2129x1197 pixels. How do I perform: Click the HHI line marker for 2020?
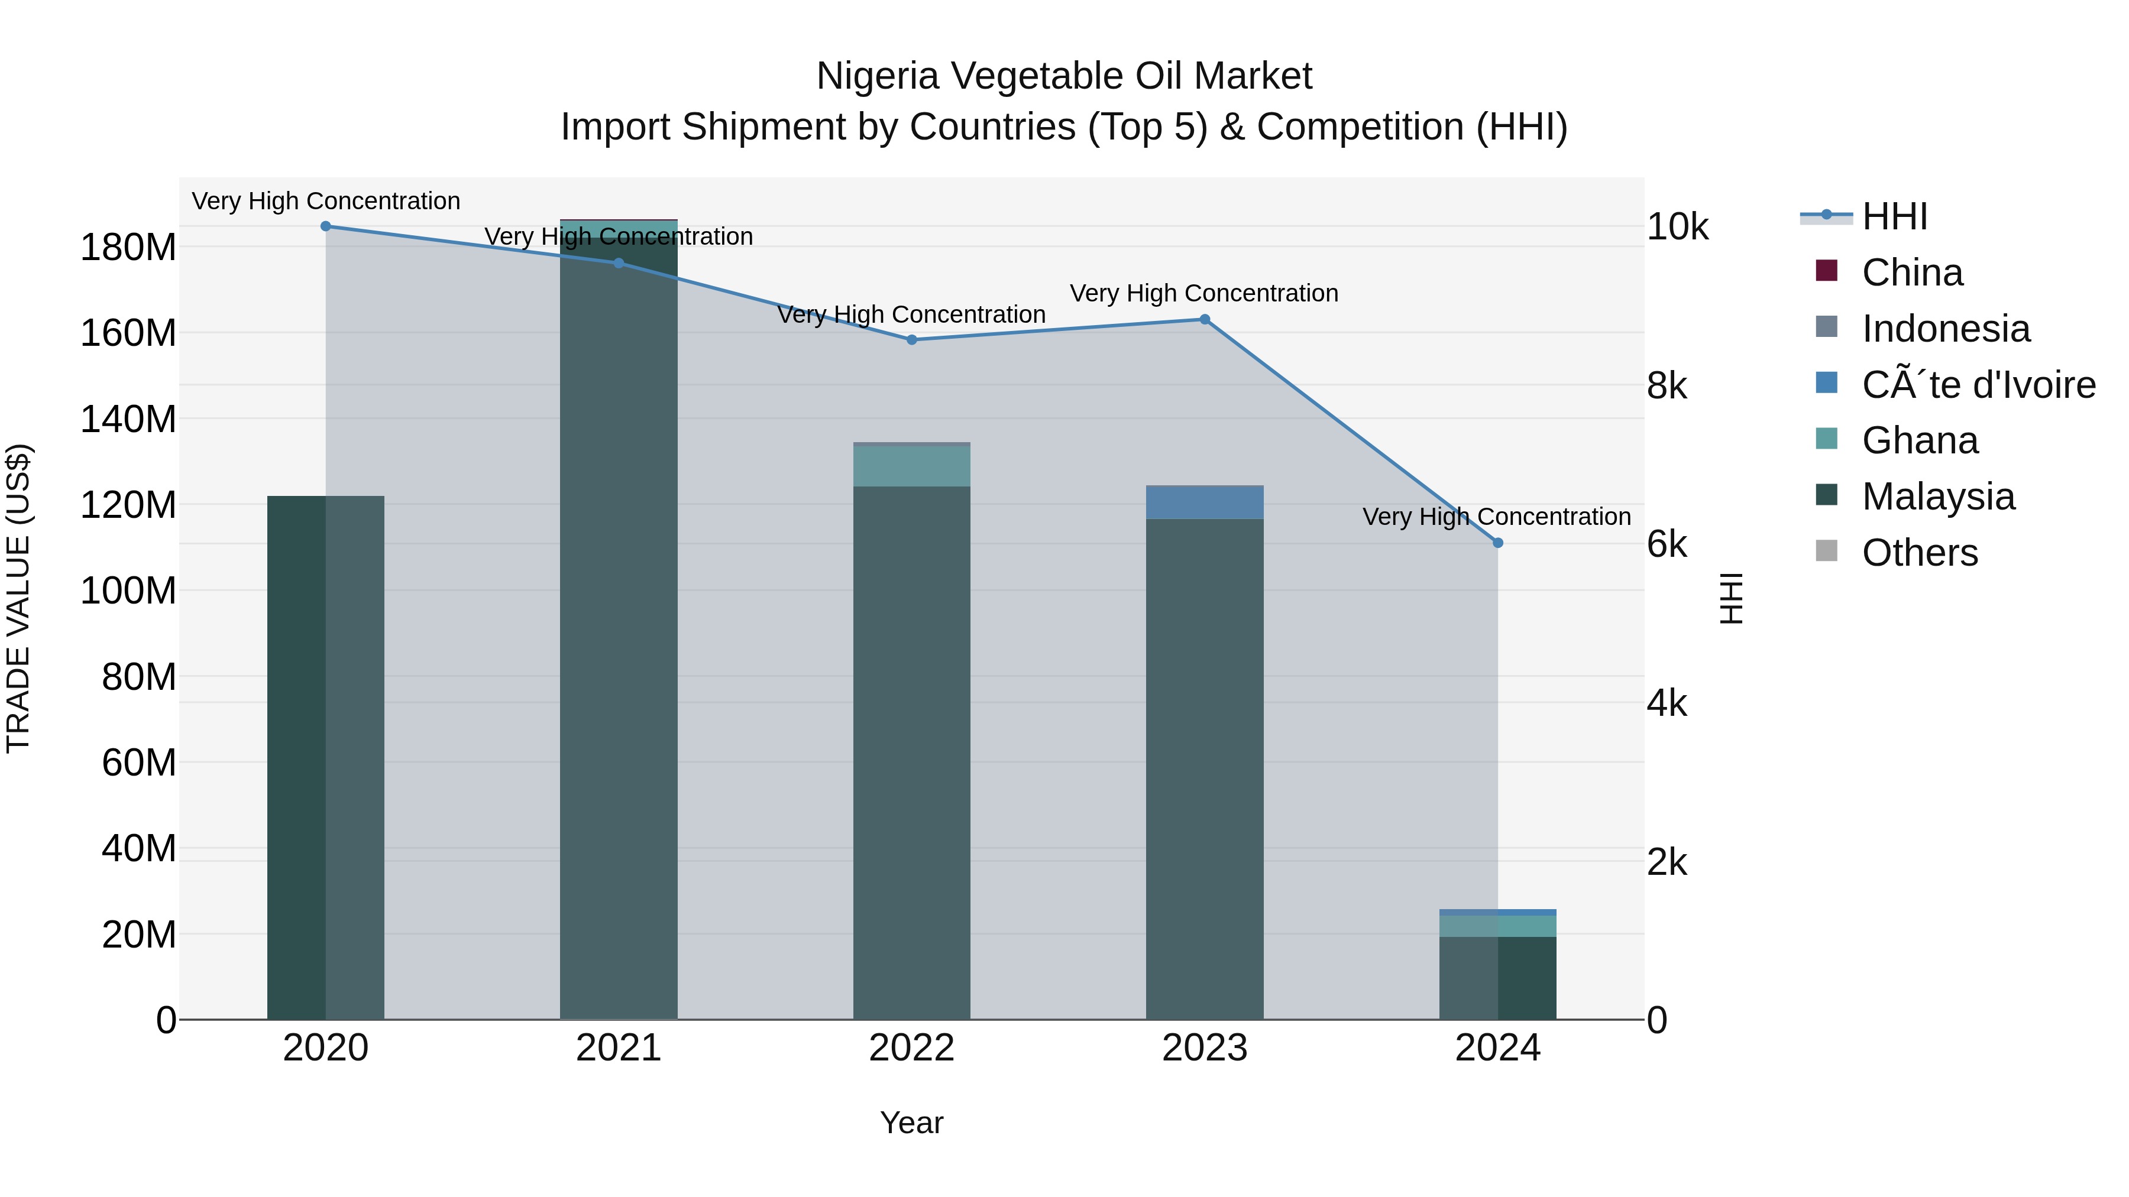tap(326, 226)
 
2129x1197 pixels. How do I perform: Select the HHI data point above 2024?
tap(1497, 543)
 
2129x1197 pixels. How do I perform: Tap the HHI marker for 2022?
tap(911, 339)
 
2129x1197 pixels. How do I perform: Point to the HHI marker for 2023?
tap(1204, 320)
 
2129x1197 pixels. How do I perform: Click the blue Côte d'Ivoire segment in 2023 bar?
tap(1204, 502)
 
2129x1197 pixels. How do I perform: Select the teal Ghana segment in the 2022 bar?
tap(911, 466)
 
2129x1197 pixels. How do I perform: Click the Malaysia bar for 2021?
tap(618, 628)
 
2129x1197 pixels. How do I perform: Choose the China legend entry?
tap(1911, 273)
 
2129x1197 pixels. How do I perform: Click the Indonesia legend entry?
tap(1944, 329)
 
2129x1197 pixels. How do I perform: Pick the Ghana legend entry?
tap(1919, 440)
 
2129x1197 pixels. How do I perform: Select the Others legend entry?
tap(1919, 553)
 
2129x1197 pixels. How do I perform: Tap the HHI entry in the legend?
tap(1894, 216)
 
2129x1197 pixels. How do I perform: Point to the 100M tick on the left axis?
tap(128, 591)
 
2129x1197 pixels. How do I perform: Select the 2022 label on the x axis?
tap(911, 1048)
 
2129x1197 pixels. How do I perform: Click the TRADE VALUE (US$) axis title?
tap(18, 598)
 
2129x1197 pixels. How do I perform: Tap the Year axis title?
tap(911, 1123)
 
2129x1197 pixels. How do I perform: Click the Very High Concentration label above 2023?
tap(1204, 293)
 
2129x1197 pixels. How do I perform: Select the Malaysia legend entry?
tap(1937, 497)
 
